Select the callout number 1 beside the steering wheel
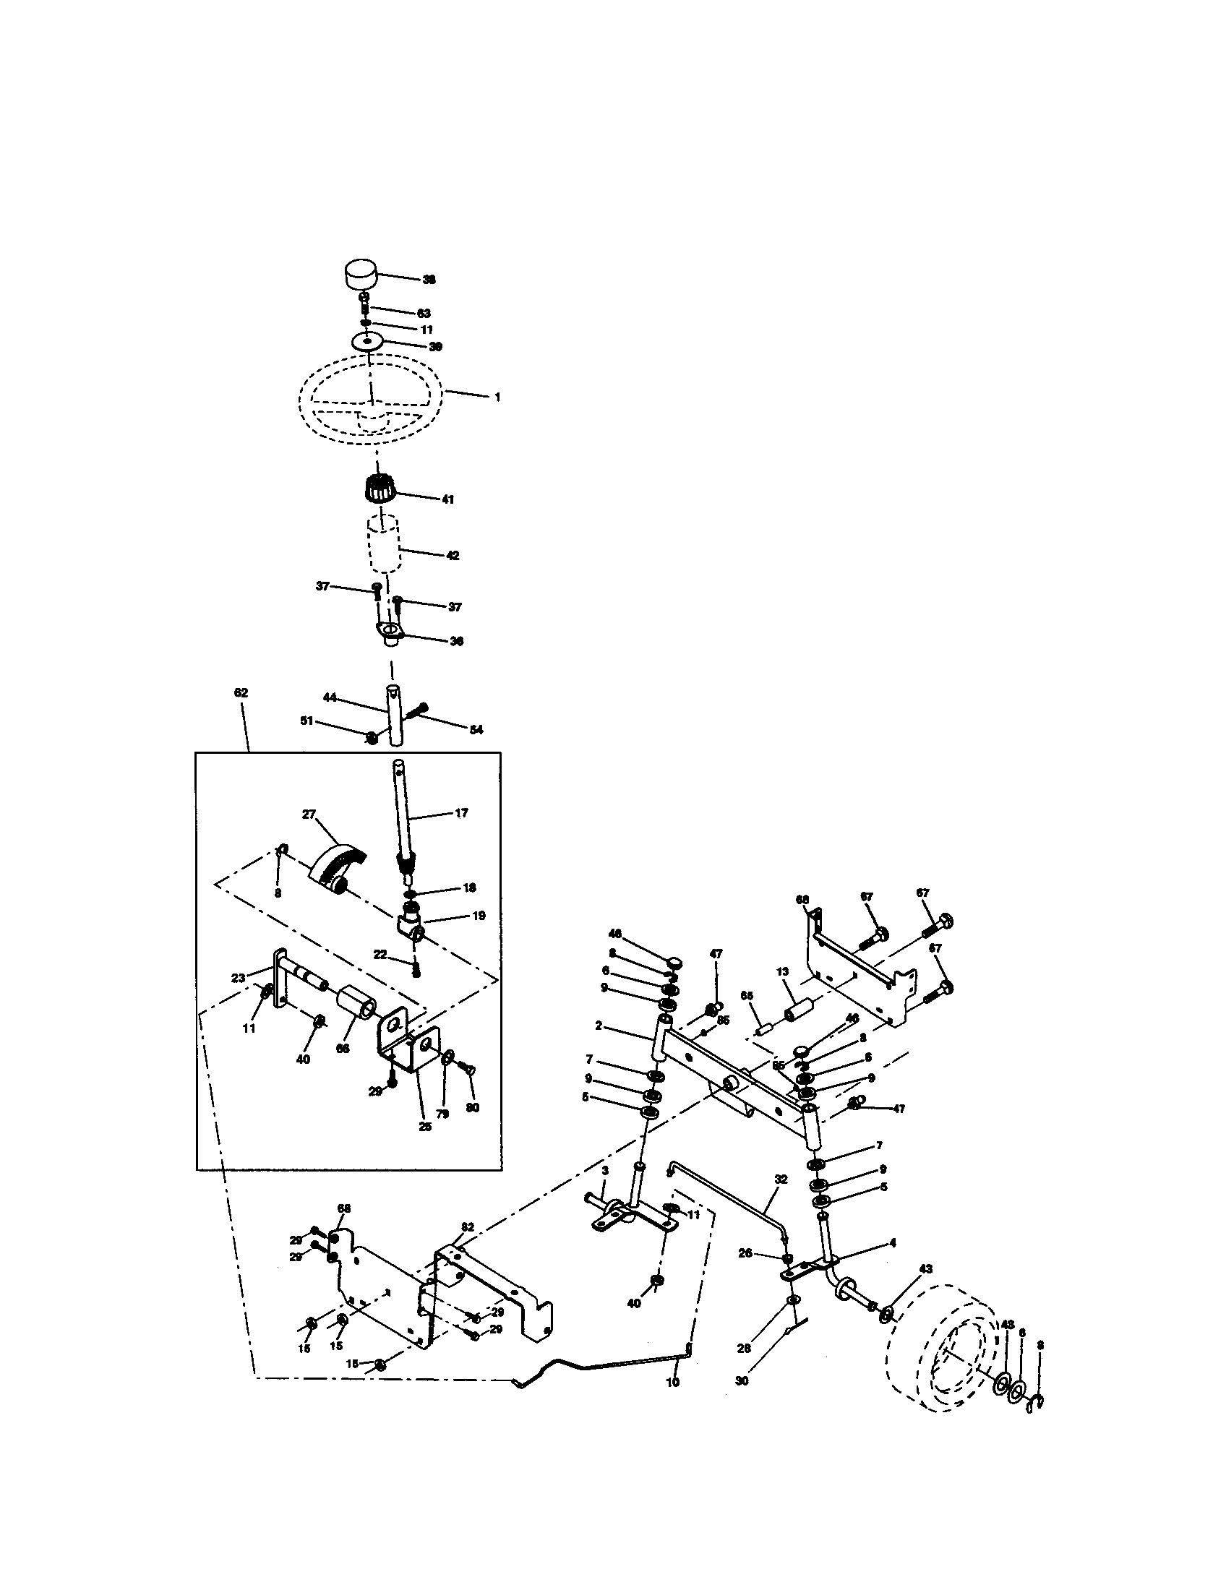497,397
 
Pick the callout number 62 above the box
241,692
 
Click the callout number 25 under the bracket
425,1126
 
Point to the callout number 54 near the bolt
476,729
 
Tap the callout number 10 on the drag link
672,1381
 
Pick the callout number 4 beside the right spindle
893,1243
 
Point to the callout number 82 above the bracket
468,1226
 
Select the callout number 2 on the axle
599,1026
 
